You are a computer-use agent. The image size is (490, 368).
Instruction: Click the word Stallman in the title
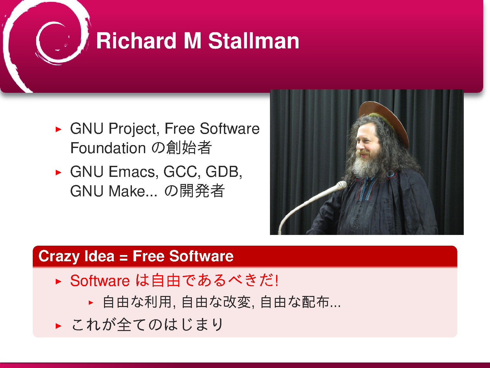[x=253, y=41]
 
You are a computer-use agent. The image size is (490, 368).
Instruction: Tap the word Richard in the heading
[x=136, y=41]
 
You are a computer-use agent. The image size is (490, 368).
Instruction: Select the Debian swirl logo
[x=46, y=45]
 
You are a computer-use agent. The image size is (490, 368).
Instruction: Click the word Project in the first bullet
[x=134, y=129]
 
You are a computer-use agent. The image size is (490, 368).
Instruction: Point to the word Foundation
[x=108, y=148]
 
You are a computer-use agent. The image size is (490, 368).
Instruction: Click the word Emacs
[x=134, y=172]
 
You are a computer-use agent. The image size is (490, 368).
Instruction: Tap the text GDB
[x=224, y=172]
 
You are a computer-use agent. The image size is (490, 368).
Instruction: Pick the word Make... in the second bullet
[x=133, y=191]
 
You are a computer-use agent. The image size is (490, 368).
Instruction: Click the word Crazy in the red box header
[x=59, y=256]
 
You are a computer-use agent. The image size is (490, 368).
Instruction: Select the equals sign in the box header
[x=123, y=257]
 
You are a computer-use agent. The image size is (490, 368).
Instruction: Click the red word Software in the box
[x=100, y=281]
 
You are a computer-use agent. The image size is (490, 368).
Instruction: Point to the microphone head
[x=341, y=185]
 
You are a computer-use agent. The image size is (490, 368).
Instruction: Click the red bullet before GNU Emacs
[x=58, y=172]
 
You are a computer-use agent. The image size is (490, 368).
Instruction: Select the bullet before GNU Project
[x=58, y=129]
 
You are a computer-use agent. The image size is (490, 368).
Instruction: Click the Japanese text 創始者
[x=189, y=148]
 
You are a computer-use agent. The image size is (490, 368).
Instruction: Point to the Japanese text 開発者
[x=202, y=191]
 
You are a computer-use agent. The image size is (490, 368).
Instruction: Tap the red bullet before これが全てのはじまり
[x=58, y=326]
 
